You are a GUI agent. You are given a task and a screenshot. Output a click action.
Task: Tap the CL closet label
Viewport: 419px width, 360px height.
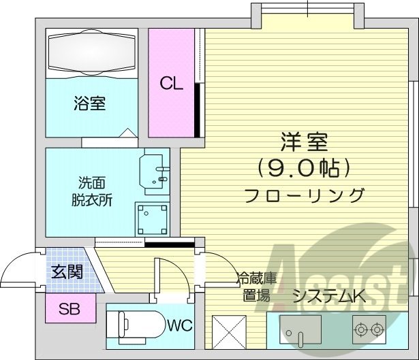tap(171, 84)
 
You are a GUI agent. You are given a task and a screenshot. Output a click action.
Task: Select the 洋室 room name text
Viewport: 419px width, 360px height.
tap(304, 143)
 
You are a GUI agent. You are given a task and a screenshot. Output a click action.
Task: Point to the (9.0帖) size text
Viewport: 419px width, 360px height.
tap(304, 167)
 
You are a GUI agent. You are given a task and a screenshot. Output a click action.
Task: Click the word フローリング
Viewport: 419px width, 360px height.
tap(304, 195)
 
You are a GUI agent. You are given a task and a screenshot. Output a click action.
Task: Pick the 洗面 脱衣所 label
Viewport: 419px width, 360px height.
tap(93, 191)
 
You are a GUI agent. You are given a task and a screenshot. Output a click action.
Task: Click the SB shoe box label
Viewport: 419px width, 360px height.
tap(68, 310)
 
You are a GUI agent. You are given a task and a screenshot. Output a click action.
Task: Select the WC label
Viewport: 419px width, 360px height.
tap(179, 325)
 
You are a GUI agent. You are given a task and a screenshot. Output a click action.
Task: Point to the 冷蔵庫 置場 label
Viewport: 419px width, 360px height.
tap(256, 287)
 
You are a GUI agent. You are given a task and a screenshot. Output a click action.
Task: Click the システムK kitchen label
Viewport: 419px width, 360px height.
tap(329, 295)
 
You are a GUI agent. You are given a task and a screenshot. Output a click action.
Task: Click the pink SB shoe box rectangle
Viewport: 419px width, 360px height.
tap(68, 310)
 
